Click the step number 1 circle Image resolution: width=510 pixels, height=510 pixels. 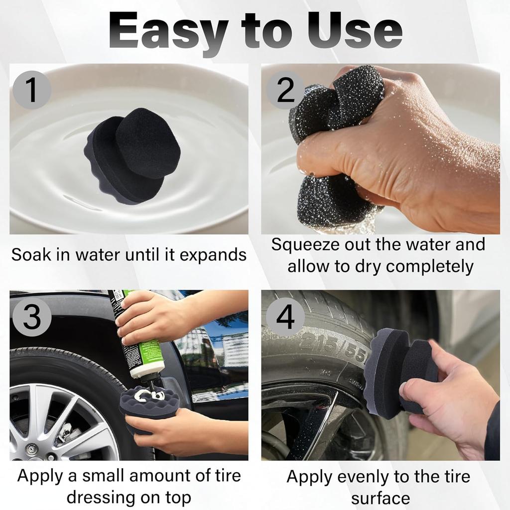point(32,90)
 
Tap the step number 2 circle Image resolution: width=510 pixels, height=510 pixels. point(285,90)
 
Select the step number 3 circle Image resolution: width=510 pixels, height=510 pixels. point(32,317)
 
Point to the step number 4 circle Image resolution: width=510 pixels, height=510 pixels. point(285,317)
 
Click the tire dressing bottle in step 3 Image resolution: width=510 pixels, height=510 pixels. point(138,334)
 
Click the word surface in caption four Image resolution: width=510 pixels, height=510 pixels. point(380,498)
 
